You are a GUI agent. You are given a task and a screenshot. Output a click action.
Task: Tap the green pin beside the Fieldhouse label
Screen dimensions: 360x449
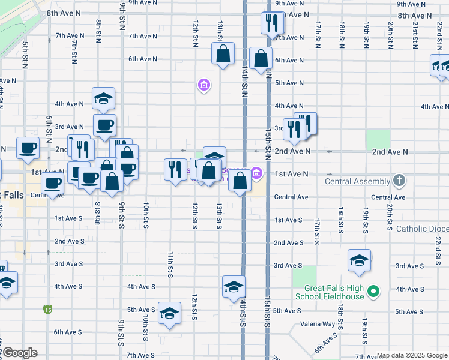tap(374, 292)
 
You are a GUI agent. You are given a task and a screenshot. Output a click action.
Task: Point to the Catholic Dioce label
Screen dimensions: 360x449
tap(421, 229)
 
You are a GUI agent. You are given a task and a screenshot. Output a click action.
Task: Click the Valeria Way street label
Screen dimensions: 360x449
tap(320, 324)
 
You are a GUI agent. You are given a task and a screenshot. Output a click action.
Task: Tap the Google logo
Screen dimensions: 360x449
tap(19, 353)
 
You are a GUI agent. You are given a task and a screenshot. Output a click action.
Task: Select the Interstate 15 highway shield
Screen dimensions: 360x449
tap(47, 310)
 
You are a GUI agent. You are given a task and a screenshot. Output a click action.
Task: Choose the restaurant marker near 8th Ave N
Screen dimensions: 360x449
tap(272, 23)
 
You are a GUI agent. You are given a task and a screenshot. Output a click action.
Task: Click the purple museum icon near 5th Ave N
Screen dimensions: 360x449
tap(204, 85)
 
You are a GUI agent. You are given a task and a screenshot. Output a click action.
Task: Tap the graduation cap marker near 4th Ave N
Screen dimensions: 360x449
tap(103, 98)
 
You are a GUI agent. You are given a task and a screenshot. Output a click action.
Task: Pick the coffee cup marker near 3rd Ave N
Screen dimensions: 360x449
tap(104, 125)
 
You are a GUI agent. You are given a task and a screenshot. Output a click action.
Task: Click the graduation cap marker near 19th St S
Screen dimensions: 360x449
tap(359, 260)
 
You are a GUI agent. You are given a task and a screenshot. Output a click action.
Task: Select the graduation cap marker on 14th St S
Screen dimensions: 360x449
tap(234, 287)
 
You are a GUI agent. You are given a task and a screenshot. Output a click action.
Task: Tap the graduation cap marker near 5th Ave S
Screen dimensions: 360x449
tap(169, 313)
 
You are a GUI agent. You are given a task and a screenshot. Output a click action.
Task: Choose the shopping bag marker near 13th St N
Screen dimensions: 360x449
tap(223, 53)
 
